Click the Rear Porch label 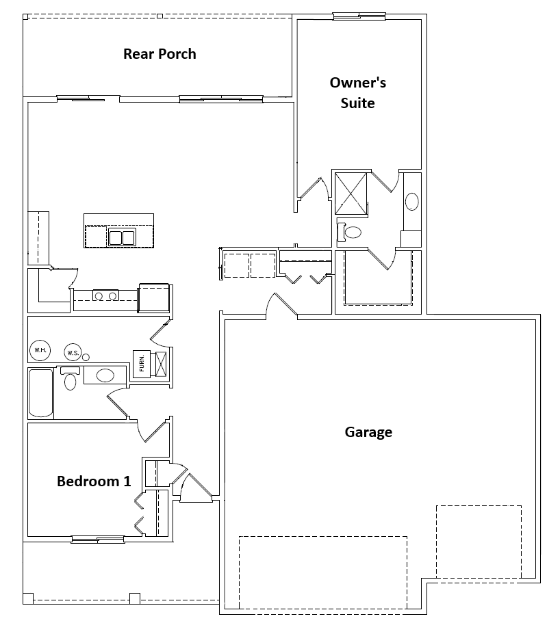point(160,54)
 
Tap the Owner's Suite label point(358,93)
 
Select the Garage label point(368,432)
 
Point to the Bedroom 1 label point(94,481)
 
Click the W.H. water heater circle point(39,350)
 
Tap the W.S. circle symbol point(73,353)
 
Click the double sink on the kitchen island point(122,238)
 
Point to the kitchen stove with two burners point(105,295)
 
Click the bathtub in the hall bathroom point(41,393)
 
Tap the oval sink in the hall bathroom point(105,375)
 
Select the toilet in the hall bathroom point(70,379)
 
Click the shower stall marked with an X point(351,194)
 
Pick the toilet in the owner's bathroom point(351,231)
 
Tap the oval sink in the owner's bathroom point(412,202)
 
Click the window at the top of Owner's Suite point(358,16)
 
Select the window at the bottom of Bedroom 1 point(98,540)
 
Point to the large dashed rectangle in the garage point(322,572)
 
